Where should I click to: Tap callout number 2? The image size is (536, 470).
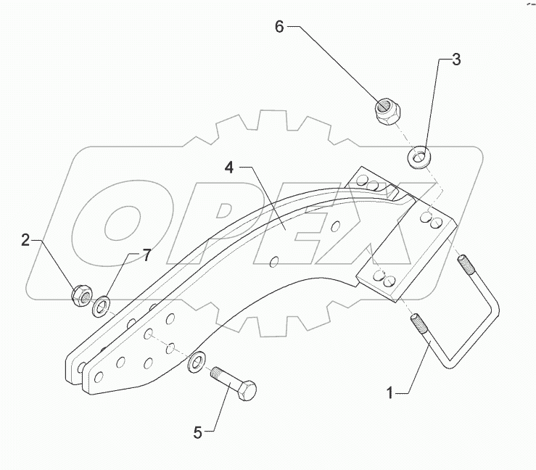click(x=26, y=240)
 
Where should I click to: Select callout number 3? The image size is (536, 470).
click(x=455, y=60)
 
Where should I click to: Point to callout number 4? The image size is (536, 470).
click(x=229, y=168)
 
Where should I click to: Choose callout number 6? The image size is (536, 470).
click(x=279, y=27)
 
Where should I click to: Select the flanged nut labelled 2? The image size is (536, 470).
click(x=81, y=295)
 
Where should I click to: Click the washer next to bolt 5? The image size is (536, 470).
click(x=195, y=362)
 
